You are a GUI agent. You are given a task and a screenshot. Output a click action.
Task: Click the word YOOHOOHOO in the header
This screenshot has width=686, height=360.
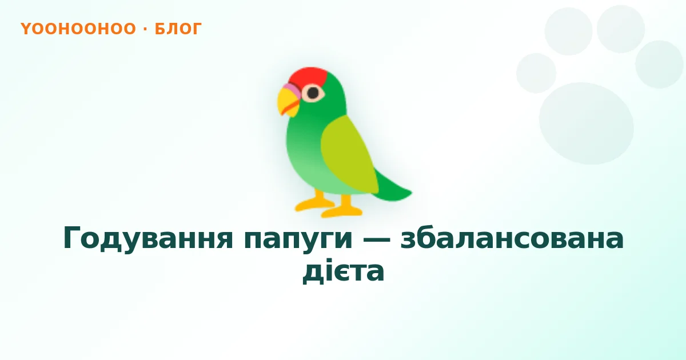coord(78,29)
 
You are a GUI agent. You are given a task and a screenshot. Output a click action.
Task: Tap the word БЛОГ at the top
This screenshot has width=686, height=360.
coord(178,29)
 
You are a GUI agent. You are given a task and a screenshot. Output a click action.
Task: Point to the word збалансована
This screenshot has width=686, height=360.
coord(512,238)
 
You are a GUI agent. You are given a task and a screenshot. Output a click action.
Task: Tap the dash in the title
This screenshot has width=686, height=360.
coord(376,239)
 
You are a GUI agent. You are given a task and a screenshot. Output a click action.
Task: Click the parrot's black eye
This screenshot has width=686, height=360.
coord(313,92)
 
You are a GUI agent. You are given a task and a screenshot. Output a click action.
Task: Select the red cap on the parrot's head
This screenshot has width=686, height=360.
coord(307,77)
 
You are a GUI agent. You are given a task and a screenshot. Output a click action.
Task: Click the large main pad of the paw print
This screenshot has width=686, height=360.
coord(586,123)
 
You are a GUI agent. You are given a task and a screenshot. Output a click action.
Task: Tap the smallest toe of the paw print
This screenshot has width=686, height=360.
coord(536,73)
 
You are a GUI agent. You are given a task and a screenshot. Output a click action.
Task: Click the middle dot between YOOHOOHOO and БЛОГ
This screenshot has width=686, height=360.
coord(145,29)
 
